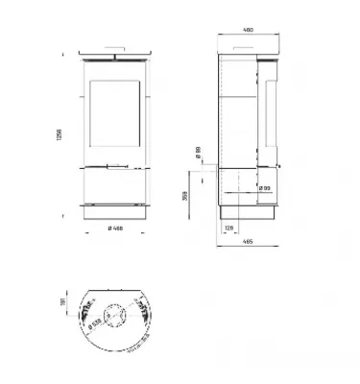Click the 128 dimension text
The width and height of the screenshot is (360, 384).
(228, 227)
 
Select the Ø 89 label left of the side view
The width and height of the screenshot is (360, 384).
(197, 153)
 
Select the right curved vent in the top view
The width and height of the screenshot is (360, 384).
(145, 313)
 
